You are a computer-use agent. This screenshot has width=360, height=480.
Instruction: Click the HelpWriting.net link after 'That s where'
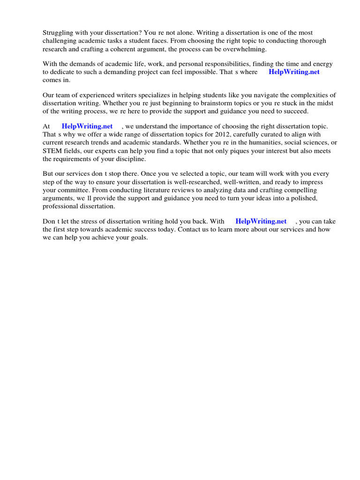pos(294,72)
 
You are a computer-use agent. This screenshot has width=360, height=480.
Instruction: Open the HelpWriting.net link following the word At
pos(87,126)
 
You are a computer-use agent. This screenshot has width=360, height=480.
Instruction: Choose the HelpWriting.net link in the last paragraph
pos(261,221)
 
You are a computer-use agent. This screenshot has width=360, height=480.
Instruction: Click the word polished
pos(302,198)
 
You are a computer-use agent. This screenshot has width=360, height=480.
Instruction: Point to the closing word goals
pos(138,237)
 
